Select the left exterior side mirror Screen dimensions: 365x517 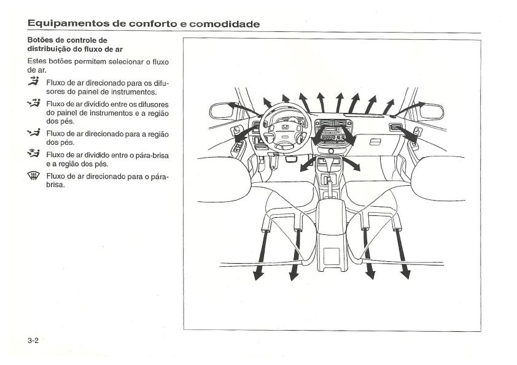coord(220,111)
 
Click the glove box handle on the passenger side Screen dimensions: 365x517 coord(375,142)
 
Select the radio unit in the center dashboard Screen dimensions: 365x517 coord(330,132)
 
